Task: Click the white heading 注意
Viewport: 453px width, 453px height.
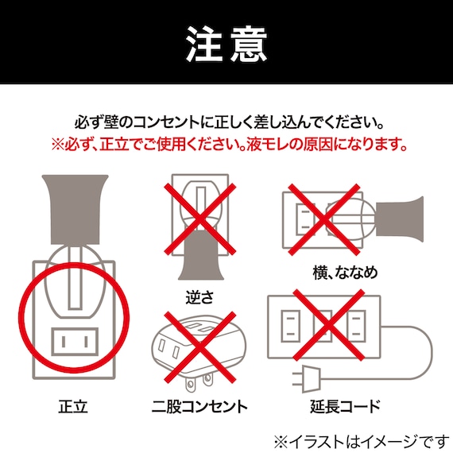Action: [226, 42]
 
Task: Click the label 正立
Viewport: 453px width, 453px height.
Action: [72, 407]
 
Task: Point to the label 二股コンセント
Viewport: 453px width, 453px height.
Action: [199, 407]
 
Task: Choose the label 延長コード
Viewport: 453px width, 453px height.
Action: [345, 407]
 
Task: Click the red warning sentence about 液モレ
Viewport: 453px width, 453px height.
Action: [229, 145]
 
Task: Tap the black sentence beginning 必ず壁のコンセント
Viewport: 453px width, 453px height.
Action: [226, 125]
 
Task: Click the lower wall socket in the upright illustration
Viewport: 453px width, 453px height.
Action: [74, 343]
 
